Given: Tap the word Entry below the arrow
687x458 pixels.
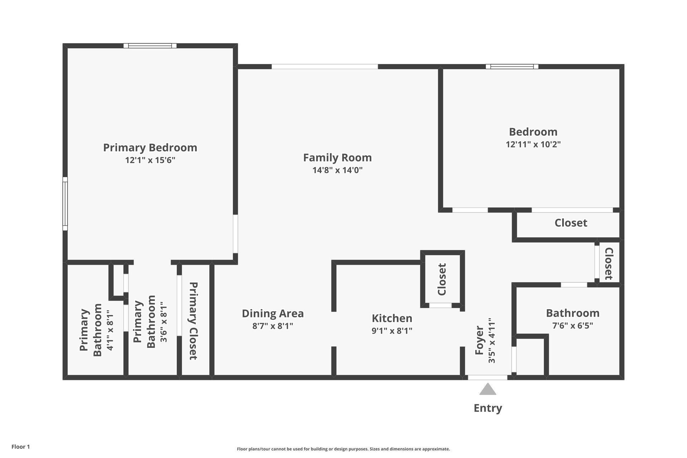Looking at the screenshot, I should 488,408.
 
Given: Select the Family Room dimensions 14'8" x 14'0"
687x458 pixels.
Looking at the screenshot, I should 337,170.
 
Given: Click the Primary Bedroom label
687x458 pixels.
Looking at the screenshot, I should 150,147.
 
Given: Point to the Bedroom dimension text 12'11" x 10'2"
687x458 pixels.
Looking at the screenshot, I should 533,144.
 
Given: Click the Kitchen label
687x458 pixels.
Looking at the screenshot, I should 392,318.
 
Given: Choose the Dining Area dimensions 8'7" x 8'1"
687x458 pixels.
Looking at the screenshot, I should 273,326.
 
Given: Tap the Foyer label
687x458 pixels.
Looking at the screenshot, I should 479,340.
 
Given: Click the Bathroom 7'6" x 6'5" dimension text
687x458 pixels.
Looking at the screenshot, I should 572,326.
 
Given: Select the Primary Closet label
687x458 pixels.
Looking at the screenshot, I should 193,321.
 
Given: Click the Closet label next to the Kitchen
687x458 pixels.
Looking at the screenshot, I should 442,279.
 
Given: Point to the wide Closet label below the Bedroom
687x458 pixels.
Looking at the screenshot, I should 571,223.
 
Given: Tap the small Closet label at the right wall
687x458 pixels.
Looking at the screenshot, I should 609,264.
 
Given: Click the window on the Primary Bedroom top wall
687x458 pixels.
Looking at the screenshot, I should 150,45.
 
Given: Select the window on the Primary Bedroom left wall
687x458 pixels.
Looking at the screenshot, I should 65,204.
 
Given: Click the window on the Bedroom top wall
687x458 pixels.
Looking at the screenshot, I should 512,66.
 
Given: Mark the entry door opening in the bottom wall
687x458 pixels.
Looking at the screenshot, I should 487,377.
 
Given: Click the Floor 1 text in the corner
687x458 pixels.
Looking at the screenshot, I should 20,447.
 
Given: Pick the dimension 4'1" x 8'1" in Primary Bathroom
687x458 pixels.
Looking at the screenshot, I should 110,330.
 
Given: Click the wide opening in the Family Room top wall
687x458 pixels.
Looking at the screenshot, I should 325,67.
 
